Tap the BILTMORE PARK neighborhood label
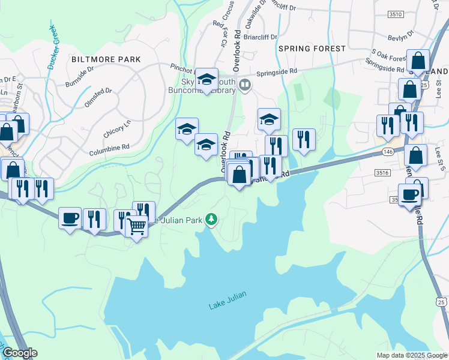tap(106, 59)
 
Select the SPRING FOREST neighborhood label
tap(312, 48)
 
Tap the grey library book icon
tap(244, 84)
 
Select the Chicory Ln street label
tap(118, 127)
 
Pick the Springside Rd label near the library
tap(277, 71)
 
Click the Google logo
tap(19, 353)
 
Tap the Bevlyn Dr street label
tap(401, 36)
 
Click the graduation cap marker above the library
tap(206, 79)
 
